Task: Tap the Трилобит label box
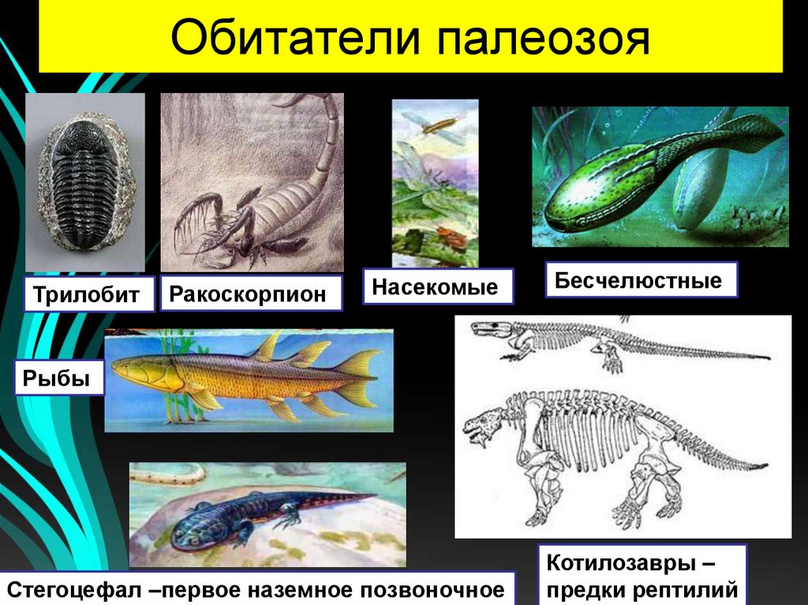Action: coord(87,296)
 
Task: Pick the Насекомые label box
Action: coord(436,287)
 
